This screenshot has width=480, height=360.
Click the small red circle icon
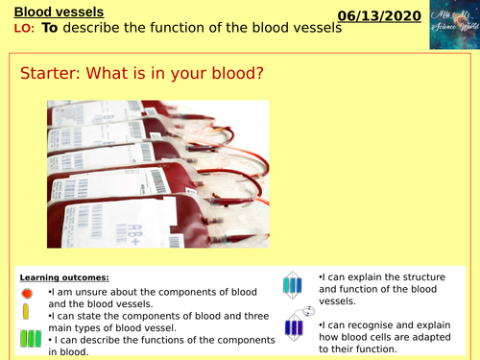[26, 293]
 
